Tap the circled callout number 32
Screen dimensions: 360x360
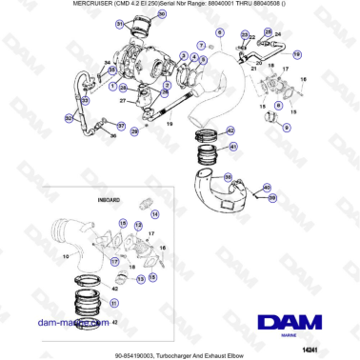click(69, 118)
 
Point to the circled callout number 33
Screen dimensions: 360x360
click(112, 70)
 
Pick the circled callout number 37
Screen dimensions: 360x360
click(121, 125)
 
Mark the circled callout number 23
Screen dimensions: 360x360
click(244, 34)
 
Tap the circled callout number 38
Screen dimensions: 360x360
click(224, 177)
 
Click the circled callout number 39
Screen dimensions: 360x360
click(271, 197)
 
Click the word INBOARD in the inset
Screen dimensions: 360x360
click(109, 202)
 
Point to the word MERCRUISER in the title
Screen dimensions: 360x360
click(45, 6)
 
